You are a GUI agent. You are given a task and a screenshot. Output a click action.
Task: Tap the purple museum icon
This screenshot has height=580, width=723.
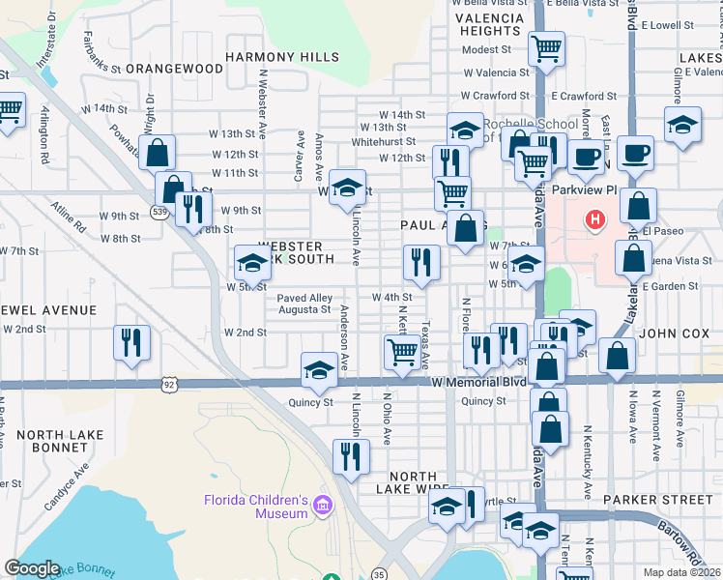[323, 505]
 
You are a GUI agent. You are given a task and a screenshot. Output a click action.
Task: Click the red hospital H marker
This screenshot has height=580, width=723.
[594, 220]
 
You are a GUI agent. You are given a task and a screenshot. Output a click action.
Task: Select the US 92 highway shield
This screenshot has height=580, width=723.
[169, 384]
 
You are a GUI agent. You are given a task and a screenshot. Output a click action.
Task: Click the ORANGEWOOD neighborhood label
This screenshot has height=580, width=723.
[174, 69]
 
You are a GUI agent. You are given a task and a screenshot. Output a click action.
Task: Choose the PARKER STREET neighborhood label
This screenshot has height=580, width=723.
[656, 500]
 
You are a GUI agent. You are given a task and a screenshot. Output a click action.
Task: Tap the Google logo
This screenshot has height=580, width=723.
[32, 568]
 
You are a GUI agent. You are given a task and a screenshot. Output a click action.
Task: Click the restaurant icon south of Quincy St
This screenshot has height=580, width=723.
[350, 454]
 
